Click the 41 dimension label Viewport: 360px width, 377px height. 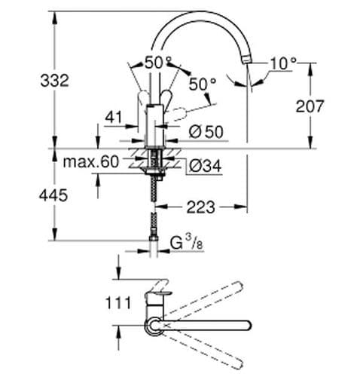point(114,118)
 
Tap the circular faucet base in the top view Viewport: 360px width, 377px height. point(154,325)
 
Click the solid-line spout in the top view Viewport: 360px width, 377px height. point(218,325)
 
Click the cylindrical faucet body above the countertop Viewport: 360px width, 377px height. point(154,124)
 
